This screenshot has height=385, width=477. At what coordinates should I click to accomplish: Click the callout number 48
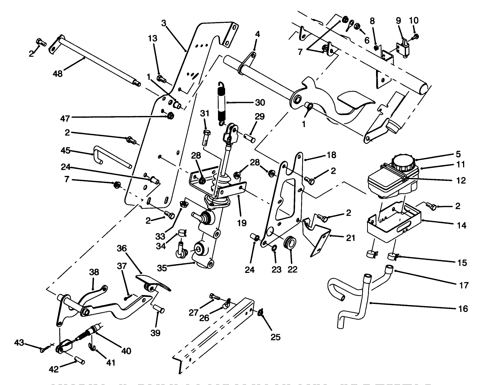pyautogui.click(x=57, y=74)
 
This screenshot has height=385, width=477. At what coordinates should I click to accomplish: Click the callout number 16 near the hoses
pyautogui.click(x=463, y=309)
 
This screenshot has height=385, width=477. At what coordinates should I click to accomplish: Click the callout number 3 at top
pyautogui.click(x=163, y=23)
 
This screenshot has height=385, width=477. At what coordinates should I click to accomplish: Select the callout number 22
pyautogui.click(x=293, y=270)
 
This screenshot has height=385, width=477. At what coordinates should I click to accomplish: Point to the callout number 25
pyautogui.click(x=275, y=336)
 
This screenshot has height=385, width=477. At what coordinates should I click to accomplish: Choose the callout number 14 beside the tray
pyautogui.click(x=462, y=226)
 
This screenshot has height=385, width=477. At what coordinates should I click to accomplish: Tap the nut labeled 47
pyautogui.click(x=170, y=116)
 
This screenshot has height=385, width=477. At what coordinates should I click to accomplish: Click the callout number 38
pyautogui.click(x=93, y=272)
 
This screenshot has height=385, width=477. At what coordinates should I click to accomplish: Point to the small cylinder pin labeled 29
pyautogui.click(x=249, y=137)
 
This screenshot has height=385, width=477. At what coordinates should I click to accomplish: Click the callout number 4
pyautogui.click(x=258, y=35)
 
